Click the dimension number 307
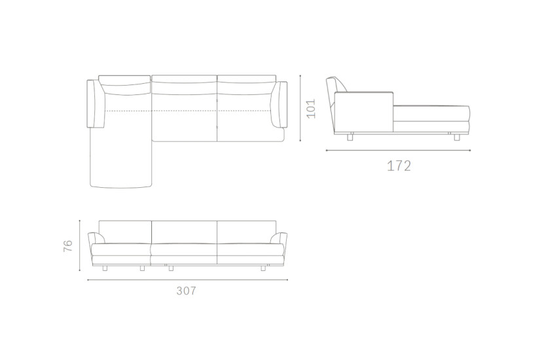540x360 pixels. [186, 291]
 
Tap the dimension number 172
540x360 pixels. [399, 166]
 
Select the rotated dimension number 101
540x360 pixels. [312, 108]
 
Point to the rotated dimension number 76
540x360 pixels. [68, 247]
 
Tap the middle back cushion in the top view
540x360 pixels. [184, 81]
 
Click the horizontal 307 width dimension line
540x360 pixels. [187, 279]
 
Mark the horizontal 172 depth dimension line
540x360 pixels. [398, 151]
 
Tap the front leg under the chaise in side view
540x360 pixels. [454, 137]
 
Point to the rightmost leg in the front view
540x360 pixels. [264, 268]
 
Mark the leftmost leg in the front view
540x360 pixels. [105, 268]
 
